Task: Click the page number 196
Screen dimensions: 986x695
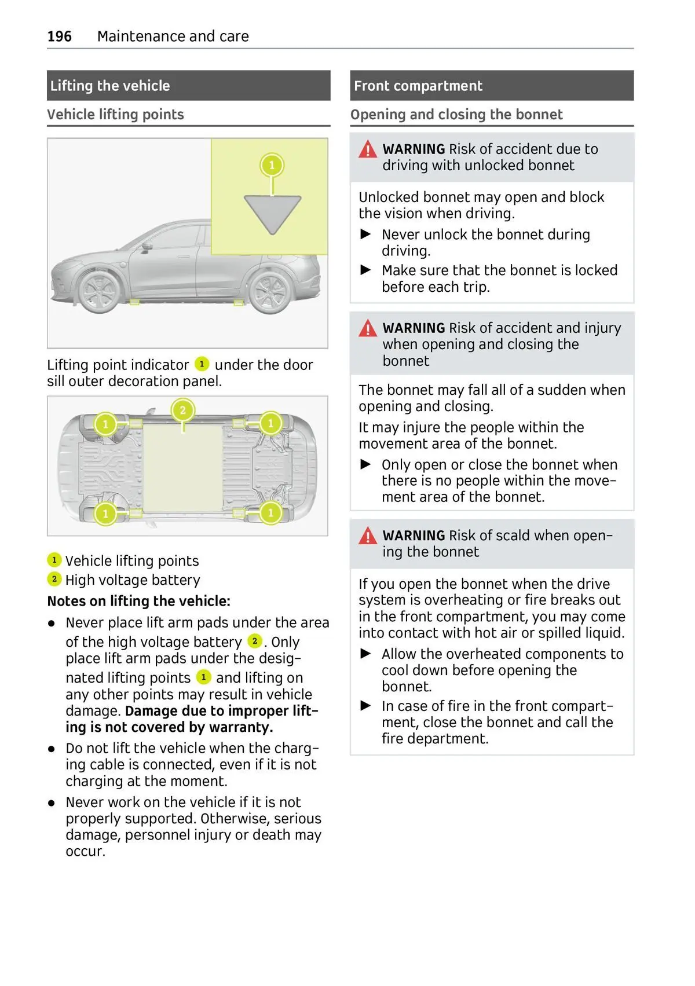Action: coord(59,36)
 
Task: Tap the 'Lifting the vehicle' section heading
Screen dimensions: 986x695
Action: coord(110,86)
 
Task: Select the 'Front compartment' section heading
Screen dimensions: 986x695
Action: coord(418,86)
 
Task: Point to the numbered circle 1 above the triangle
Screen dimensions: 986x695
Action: coord(272,166)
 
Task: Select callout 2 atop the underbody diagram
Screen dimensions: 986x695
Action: coord(182,410)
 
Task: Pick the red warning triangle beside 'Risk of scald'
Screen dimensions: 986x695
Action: coord(367,536)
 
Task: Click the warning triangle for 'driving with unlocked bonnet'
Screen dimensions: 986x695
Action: coord(367,150)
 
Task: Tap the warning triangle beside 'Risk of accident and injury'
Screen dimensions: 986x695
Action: coord(367,329)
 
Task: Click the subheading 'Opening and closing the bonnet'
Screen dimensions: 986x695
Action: coord(456,115)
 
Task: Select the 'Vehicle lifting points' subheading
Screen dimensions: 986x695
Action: coord(115,115)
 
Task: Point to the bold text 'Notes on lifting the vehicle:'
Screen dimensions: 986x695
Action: coord(138,601)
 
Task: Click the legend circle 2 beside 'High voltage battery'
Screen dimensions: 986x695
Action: coord(54,579)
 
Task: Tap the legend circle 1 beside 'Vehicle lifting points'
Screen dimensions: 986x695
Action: coord(54,560)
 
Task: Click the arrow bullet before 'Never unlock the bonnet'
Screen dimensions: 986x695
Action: coord(365,234)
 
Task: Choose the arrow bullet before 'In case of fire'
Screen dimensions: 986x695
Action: coord(365,705)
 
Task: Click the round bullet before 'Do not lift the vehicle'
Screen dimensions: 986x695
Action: coord(52,749)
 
